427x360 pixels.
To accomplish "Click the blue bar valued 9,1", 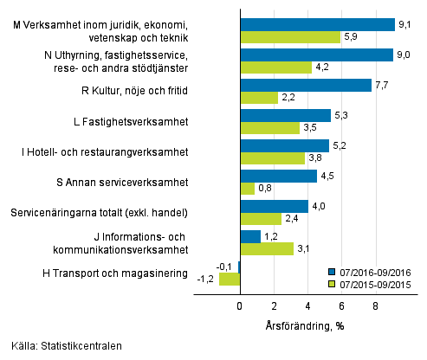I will tap(317, 24).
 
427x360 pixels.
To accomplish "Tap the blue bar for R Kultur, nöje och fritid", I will tap(305, 85).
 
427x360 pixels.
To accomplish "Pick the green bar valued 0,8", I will tap(247, 189).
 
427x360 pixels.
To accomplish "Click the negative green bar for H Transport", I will tap(230, 280).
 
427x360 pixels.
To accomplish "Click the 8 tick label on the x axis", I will tap(376, 305).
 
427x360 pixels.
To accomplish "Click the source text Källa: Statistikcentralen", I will tap(62, 345).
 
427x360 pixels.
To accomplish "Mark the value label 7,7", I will tap(382, 85).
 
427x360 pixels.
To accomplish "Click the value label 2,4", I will tap(291, 219).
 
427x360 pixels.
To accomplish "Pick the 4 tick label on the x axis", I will tap(308, 305).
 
